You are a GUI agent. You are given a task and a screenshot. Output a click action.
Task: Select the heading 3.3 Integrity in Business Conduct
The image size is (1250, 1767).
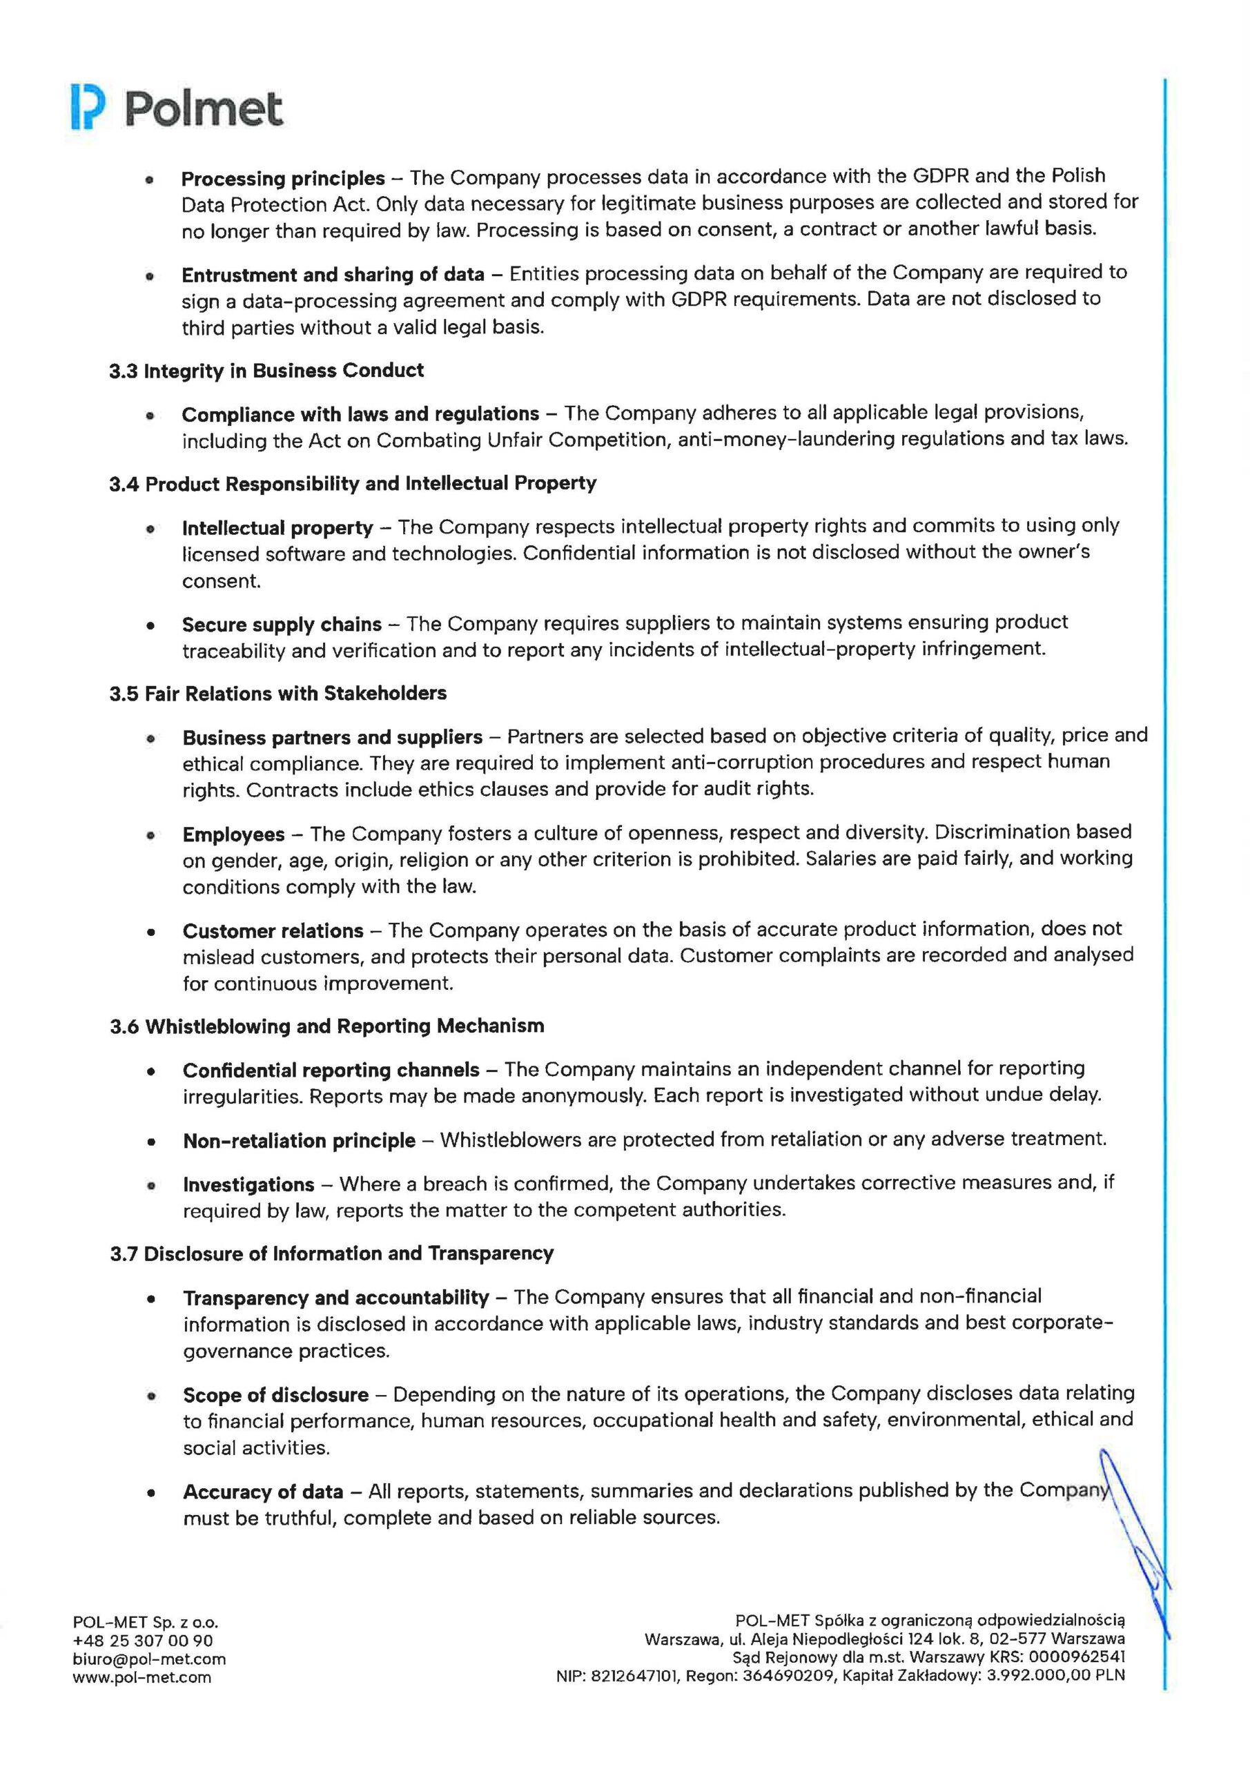click(x=266, y=371)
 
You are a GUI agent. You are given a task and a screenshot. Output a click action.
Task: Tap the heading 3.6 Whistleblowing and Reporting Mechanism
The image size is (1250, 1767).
click(x=326, y=1026)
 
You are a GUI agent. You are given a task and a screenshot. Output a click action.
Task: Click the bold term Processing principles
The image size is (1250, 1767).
click(x=282, y=179)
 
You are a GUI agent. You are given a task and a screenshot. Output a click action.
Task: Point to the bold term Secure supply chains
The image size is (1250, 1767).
click(x=282, y=623)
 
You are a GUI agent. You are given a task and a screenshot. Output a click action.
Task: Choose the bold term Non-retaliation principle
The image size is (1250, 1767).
click(x=299, y=1140)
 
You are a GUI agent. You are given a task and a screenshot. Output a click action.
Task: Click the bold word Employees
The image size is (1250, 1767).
click(x=233, y=834)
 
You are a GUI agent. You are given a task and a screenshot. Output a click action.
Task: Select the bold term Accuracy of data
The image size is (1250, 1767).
click(x=262, y=1492)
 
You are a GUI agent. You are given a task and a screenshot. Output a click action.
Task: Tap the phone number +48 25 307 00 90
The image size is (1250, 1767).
click(x=142, y=1641)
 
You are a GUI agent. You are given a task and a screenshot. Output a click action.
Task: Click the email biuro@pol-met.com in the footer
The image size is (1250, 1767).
click(x=149, y=1659)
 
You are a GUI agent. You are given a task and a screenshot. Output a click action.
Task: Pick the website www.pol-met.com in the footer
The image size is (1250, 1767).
click(x=141, y=1677)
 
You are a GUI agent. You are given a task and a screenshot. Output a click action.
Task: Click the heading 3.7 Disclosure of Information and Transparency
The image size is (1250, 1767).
click(x=331, y=1253)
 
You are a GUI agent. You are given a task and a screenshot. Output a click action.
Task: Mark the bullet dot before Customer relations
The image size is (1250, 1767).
click(x=152, y=932)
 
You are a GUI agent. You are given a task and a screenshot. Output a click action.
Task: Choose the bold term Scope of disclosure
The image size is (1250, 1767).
click(x=275, y=1394)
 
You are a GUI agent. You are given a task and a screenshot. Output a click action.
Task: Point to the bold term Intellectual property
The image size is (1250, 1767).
click(x=277, y=528)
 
